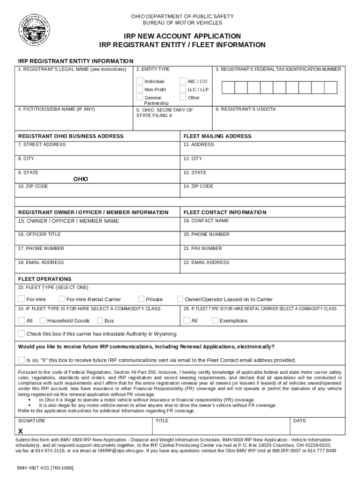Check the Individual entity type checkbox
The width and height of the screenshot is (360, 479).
[139, 81]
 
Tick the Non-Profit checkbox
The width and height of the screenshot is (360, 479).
[139, 89]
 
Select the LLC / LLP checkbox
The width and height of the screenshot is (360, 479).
[183, 89]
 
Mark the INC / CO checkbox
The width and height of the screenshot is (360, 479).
[183, 81]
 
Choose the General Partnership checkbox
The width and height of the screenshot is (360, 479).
[139, 97]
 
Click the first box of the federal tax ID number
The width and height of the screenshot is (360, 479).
[228, 87]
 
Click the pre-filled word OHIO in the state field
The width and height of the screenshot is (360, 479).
[80, 179]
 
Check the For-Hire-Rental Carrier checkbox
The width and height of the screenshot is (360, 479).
[62, 299]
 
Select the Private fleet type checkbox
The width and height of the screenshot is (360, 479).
[142, 299]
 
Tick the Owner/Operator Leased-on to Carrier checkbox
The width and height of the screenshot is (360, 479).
[180, 299]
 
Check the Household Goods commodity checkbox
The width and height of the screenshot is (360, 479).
[43, 320]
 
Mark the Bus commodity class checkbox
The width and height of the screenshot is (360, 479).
[100, 320]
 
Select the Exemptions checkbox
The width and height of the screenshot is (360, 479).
[215, 320]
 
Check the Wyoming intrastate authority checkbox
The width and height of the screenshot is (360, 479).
[22, 334]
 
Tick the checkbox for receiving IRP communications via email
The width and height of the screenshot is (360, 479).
[22, 360]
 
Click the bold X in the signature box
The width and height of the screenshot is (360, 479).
[21, 431]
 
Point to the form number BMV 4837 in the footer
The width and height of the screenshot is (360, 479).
[45, 468]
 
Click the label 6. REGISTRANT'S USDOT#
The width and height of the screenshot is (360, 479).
[245, 109]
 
